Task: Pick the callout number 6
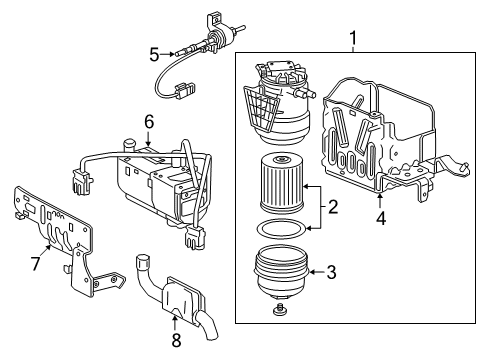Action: pyautogui.click(x=148, y=120)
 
